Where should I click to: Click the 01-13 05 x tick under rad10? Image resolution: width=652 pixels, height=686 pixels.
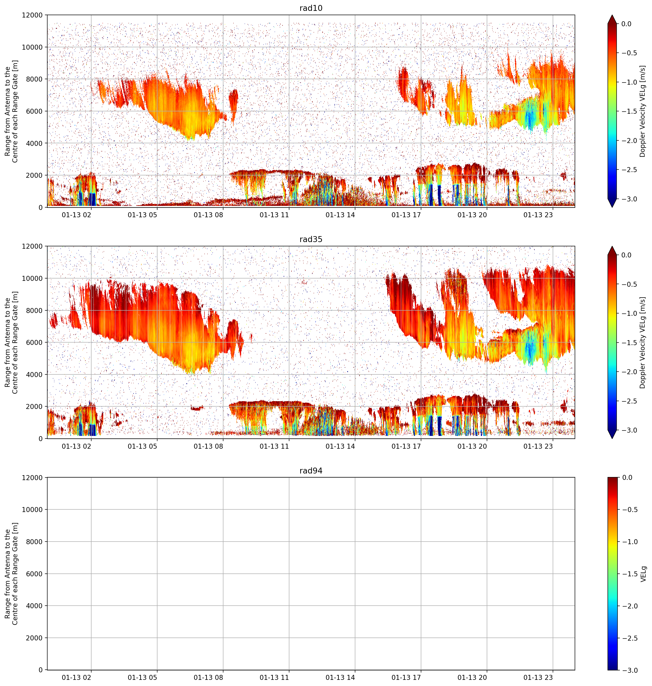(143, 215)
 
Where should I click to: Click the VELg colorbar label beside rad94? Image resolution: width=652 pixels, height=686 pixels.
(643, 574)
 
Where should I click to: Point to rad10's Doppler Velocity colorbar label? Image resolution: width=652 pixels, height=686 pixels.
(643, 111)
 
